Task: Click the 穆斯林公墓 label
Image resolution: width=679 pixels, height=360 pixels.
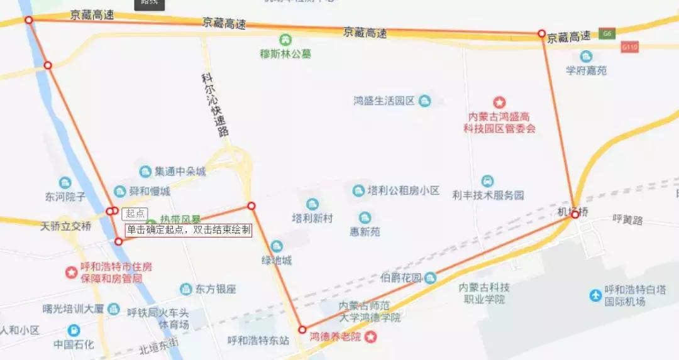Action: click(x=285, y=53)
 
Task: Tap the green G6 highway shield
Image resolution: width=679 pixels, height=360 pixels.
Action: click(x=606, y=33)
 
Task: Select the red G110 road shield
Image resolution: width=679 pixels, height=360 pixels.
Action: click(x=629, y=47)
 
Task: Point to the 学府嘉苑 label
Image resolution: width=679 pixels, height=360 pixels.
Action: click(x=586, y=70)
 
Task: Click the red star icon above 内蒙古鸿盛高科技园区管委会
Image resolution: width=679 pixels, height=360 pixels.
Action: click(x=499, y=102)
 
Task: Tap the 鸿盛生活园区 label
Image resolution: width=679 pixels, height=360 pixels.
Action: click(x=384, y=101)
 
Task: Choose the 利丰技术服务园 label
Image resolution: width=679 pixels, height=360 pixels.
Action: click(x=488, y=195)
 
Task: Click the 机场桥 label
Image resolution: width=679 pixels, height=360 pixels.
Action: click(x=573, y=212)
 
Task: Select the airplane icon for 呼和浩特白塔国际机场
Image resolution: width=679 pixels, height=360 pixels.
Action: click(x=595, y=295)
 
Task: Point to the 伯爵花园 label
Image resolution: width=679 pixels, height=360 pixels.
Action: click(x=401, y=278)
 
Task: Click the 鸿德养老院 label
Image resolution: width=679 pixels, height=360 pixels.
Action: click(x=336, y=337)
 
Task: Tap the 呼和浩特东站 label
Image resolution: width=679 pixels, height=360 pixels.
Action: click(x=258, y=341)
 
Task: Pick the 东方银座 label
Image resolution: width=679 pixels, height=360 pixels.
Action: click(x=215, y=289)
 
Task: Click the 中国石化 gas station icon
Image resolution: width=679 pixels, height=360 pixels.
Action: click(x=74, y=330)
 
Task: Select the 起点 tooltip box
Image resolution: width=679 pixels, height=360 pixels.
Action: click(x=135, y=214)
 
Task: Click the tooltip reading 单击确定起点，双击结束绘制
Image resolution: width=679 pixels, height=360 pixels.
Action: click(x=189, y=230)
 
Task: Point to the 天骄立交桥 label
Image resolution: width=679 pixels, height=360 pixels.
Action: click(x=65, y=226)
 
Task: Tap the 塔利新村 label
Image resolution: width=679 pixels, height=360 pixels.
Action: click(x=312, y=218)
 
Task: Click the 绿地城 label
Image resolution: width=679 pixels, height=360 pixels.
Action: click(x=277, y=259)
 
